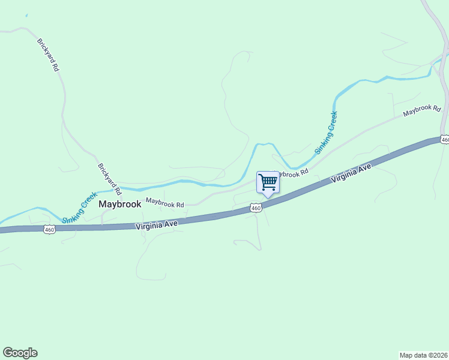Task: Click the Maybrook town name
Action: (x=120, y=204)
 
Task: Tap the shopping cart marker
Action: (x=268, y=182)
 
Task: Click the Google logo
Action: (x=20, y=353)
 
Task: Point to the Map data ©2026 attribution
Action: (x=423, y=355)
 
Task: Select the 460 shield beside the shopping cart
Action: (x=256, y=208)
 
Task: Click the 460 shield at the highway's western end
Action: (x=49, y=229)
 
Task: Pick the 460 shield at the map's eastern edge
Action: (x=444, y=139)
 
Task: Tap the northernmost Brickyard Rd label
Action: (x=49, y=55)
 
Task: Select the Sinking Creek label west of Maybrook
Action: (x=80, y=207)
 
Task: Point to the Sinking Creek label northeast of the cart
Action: (x=326, y=133)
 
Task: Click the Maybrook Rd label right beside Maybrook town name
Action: (x=164, y=203)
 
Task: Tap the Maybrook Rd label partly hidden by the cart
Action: (x=292, y=173)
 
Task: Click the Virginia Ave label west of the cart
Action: (x=156, y=224)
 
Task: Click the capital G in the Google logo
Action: (x=8, y=353)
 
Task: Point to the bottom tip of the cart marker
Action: (x=268, y=197)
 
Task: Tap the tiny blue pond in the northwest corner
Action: (x=26, y=15)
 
